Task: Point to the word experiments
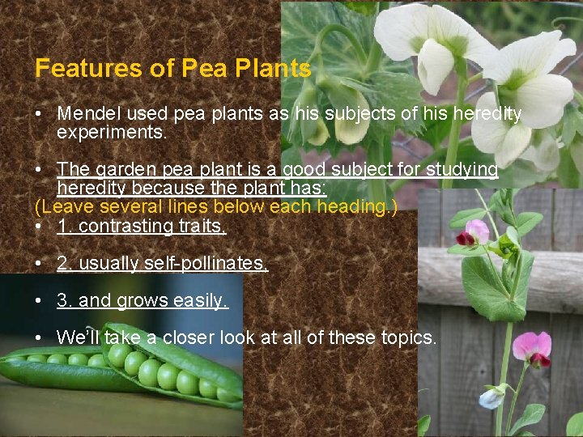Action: (x=112, y=133)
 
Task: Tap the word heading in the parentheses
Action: (x=354, y=207)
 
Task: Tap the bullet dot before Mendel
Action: (x=39, y=115)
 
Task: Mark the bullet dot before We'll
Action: (x=39, y=337)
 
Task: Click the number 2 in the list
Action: (x=62, y=263)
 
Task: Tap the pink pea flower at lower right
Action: (x=532, y=347)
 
